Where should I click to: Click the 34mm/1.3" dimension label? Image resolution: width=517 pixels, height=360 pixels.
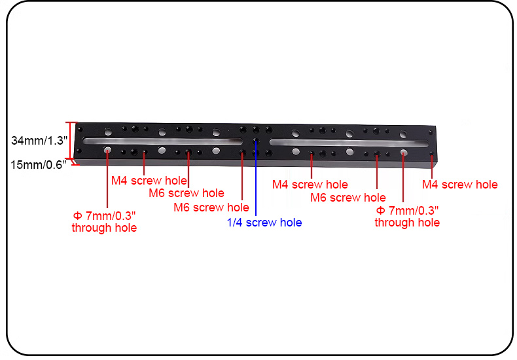39,141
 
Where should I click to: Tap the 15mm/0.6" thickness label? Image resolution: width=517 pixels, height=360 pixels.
38,164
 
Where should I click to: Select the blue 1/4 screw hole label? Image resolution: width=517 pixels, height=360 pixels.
264,223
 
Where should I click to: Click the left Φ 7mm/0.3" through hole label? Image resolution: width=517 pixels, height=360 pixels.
104,222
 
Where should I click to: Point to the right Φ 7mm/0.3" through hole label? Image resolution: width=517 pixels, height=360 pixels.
407,217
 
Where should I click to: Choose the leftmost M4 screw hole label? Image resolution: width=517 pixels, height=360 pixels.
149,181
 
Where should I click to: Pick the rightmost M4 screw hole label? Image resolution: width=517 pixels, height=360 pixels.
460,185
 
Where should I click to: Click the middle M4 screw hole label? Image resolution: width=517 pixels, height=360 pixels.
310,185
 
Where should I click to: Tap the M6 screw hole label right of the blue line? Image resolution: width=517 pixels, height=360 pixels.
348,198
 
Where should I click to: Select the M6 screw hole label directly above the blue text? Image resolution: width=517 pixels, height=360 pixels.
211,207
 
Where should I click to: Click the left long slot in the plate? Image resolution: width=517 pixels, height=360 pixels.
163,141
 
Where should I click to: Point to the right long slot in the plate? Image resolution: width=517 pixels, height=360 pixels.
349,143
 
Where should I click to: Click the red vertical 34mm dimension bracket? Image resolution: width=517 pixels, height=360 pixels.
69,141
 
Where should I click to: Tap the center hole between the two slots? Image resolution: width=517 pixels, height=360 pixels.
255,141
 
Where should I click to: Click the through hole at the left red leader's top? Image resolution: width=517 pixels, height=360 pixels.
107,151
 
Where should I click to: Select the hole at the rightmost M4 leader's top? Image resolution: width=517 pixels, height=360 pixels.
432,154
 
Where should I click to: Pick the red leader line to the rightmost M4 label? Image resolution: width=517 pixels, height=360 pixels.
432,166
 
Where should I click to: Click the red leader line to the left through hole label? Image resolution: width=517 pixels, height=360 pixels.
107,179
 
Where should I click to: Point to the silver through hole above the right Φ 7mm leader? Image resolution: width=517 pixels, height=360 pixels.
404,153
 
